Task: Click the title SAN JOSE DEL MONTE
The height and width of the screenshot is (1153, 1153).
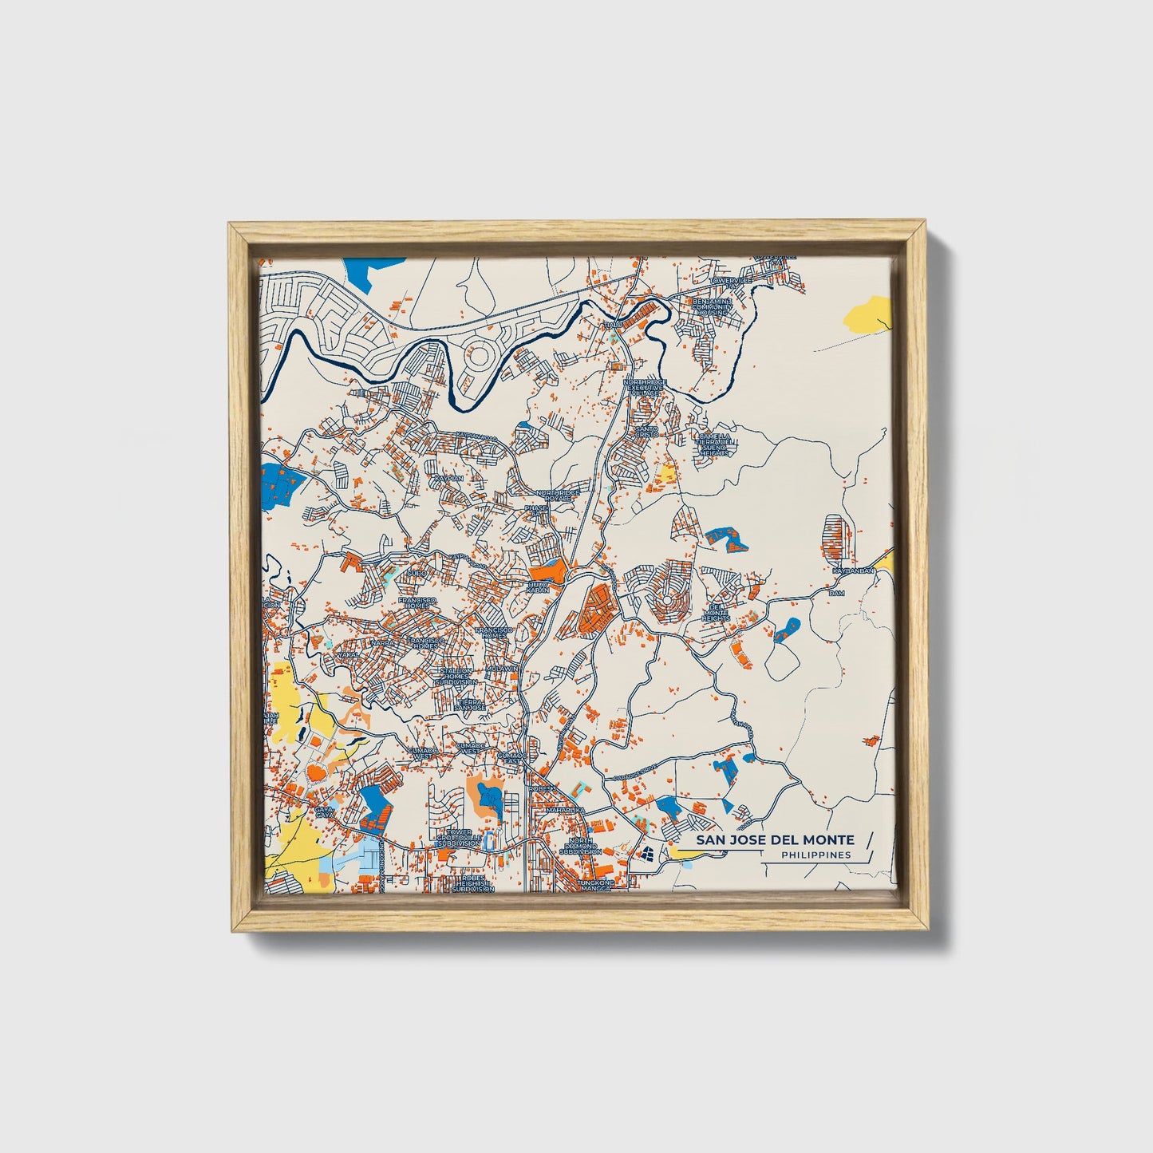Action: pyautogui.click(x=774, y=840)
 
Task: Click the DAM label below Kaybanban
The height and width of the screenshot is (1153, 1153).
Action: pyautogui.click(x=836, y=594)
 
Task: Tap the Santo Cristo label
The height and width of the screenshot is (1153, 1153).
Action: pyautogui.click(x=646, y=432)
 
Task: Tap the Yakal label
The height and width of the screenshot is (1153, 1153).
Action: pyautogui.click(x=347, y=654)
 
